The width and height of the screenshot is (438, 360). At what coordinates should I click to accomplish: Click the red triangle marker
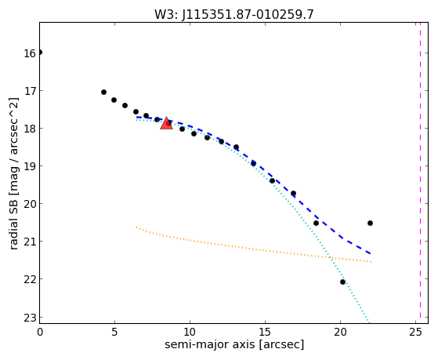166,123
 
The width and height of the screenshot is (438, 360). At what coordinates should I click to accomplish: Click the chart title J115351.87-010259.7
248,14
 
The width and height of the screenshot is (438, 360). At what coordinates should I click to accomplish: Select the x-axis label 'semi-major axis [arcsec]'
234,344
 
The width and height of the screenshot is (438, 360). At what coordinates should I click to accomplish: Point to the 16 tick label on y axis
29,53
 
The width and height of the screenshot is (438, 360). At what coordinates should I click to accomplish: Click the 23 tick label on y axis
29,318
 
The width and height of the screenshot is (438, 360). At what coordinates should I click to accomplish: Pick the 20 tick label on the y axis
29,204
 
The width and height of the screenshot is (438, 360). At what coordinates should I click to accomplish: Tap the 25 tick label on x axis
415,332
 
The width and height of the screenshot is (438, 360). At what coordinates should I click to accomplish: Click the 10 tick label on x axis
190,332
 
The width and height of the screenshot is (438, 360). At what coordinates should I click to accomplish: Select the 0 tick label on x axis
40,332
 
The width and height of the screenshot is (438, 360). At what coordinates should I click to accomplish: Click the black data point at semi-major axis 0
40,53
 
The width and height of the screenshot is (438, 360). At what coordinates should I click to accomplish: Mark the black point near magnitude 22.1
342,282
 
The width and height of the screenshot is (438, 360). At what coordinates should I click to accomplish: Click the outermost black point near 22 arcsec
370,223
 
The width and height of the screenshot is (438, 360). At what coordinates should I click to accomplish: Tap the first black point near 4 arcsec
103,92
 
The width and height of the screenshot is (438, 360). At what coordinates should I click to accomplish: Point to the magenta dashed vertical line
420,173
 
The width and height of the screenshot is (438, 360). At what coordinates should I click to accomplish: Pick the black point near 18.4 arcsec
316,223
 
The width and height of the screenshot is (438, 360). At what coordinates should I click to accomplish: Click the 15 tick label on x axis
265,332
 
